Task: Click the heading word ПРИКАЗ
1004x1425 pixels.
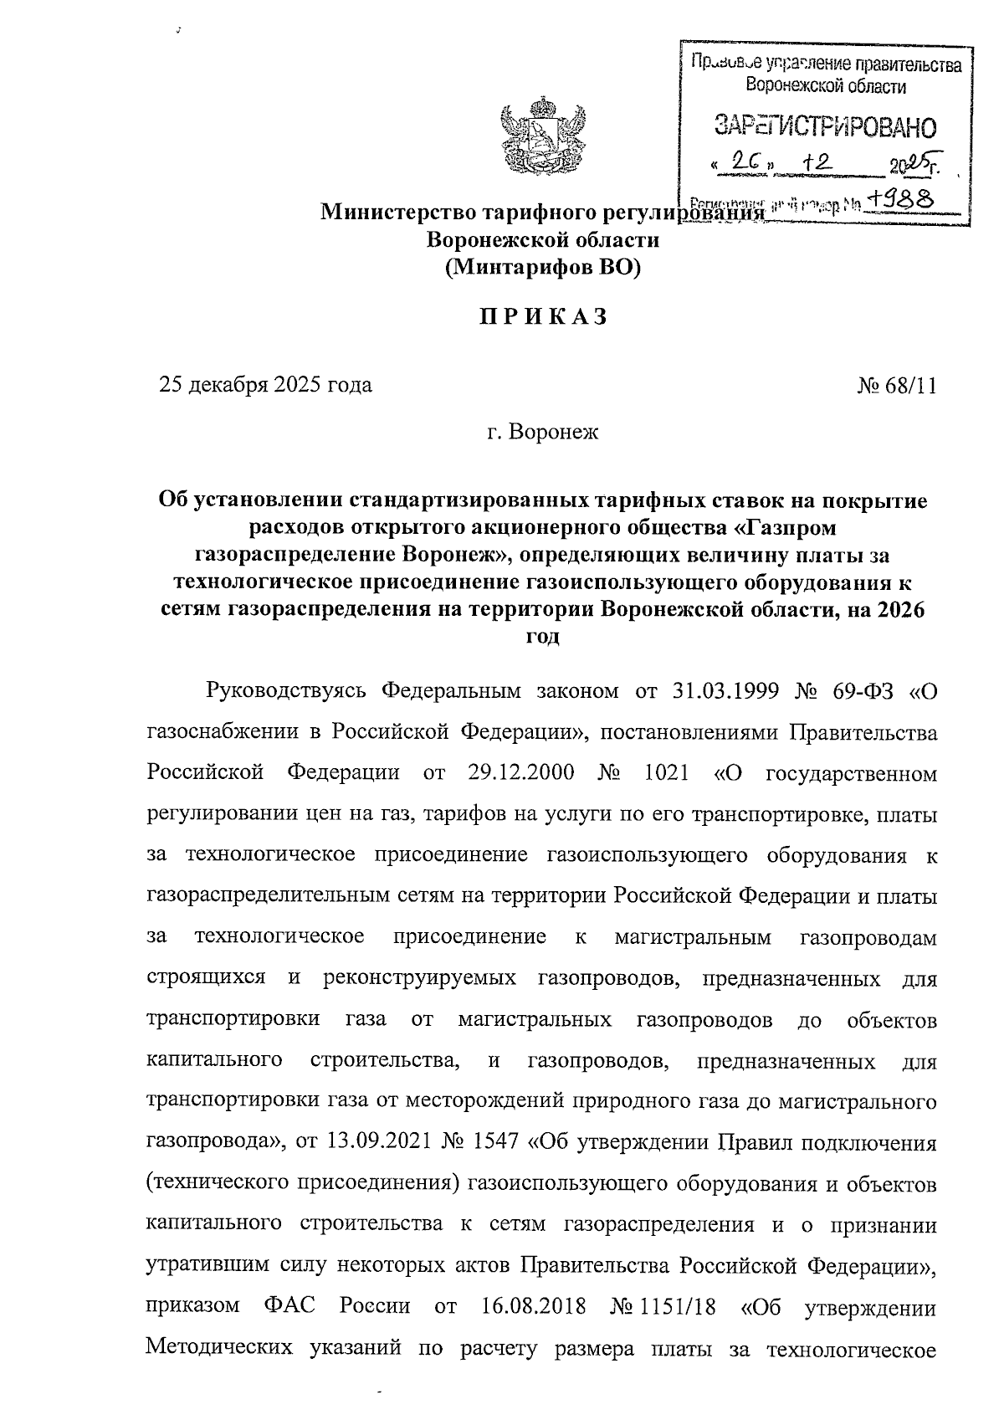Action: click(x=542, y=318)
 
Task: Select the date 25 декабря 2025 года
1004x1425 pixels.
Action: click(x=266, y=386)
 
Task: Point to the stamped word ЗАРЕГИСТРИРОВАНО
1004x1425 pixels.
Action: click(x=824, y=127)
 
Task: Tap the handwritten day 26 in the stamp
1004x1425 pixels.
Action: click(x=743, y=163)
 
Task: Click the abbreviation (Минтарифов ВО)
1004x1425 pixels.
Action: click(x=542, y=269)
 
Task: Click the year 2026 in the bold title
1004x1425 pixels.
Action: click(x=902, y=609)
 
